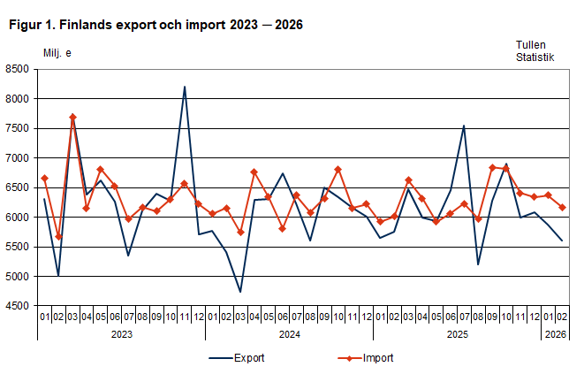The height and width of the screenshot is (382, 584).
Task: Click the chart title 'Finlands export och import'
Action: click(155, 25)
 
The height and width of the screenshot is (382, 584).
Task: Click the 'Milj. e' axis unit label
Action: click(57, 53)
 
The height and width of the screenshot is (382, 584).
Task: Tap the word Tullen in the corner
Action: click(533, 43)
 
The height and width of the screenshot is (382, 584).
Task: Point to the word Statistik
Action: click(535, 57)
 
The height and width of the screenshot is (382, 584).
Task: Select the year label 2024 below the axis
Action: click(289, 334)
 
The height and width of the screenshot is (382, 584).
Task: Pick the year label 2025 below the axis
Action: click(457, 334)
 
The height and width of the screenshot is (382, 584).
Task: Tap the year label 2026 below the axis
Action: click(555, 334)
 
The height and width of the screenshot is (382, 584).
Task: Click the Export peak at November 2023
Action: click(184, 87)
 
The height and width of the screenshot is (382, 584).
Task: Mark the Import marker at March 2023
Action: click(72, 117)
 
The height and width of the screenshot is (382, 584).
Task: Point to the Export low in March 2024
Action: click(240, 292)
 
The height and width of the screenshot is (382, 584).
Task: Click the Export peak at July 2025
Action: click(464, 126)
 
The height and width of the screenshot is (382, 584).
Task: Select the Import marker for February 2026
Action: click(562, 207)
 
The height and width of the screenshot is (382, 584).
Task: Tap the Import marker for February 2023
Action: click(58, 237)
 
